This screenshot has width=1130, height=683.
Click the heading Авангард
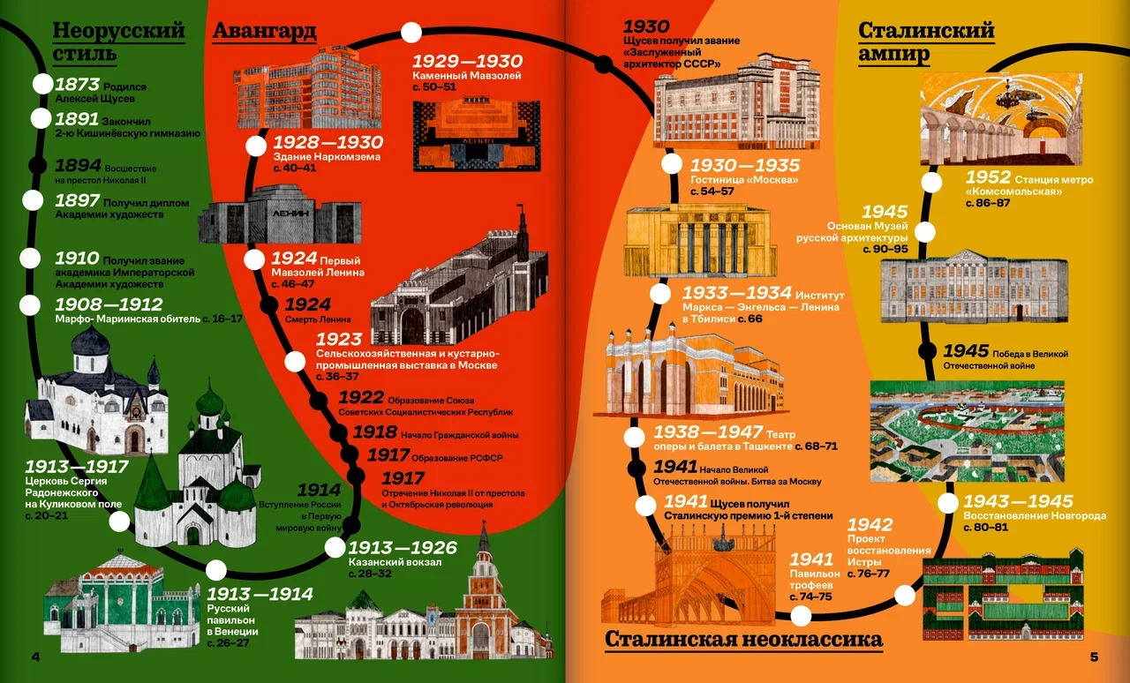pyautogui.click(x=264, y=31)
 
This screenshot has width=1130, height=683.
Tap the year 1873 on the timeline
pyautogui.click(x=77, y=84)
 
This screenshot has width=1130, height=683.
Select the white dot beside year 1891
pyautogui.click(x=41, y=118)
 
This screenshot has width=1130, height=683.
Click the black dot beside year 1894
pyautogui.click(x=37, y=165)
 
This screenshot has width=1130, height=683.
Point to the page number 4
pyautogui.click(x=35, y=657)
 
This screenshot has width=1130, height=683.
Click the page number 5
pyautogui.click(x=1094, y=657)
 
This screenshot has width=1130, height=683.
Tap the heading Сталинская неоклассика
pyautogui.click(x=743, y=640)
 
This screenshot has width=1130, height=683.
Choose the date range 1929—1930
pyautogui.click(x=467, y=61)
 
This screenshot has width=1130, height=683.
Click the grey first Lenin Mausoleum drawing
pyautogui.click(x=280, y=216)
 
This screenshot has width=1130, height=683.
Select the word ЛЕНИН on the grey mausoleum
pyautogui.click(x=290, y=214)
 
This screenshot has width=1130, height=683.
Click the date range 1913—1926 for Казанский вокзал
pyautogui.click(x=403, y=547)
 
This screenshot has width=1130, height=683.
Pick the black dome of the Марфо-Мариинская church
pyautogui.click(x=91, y=341)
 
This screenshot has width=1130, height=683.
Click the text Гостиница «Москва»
pyautogui.click(x=744, y=180)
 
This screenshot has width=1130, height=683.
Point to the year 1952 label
pyautogui.click(x=988, y=177)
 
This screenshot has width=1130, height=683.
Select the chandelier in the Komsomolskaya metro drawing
pyautogui.click(x=1006, y=97)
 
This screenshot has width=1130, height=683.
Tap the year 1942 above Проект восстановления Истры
pyautogui.click(x=870, y=525)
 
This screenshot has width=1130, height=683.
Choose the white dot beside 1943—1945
pyautogui.click(x=948, y=503)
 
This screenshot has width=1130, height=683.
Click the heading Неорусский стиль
pyautogui.click(x=119, y=41)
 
